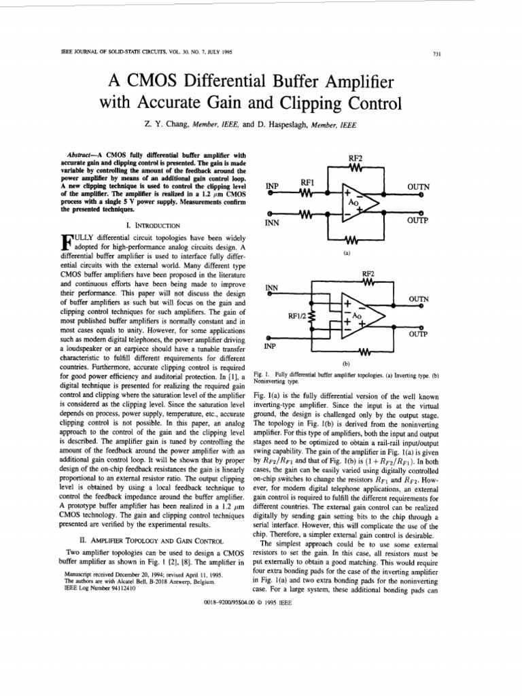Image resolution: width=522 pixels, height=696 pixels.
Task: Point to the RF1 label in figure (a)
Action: click(306, 182)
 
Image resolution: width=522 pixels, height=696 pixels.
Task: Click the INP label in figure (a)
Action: click(273, 186)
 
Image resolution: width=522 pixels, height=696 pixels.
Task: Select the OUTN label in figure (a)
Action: click(418, 186)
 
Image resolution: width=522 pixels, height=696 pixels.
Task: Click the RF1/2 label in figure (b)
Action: click(297, 316)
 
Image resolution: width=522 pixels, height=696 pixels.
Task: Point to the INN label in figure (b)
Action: click(272, 288)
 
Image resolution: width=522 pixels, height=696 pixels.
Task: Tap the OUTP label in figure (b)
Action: click(418, 334)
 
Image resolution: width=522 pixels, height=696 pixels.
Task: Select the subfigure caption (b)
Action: click(347, 364)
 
